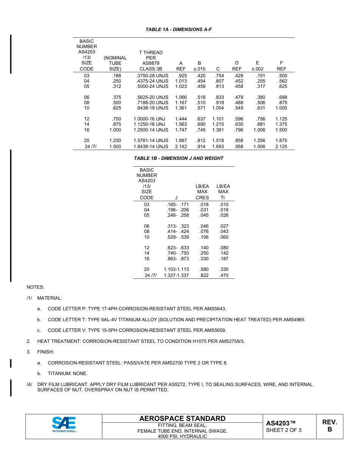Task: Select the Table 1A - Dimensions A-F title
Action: [x=179, y=30]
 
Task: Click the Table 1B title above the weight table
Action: [x=179, y=158]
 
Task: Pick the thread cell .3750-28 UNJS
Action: [x=152, y=76]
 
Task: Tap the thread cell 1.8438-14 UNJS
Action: [x=151, y=147]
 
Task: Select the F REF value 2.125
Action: [x=281, y=147]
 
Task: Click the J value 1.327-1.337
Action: [x=176, y=275]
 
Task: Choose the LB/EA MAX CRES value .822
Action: [x=204, y=275]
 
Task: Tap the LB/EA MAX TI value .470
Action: [x=224, y=275]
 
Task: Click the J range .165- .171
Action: [x=178, y=205]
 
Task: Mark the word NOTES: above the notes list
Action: [x=35, y=287]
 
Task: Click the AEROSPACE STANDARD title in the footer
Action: [x=182, y=419]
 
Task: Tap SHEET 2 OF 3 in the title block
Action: [x=284, y=430]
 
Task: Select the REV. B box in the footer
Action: [x=329, y=426]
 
